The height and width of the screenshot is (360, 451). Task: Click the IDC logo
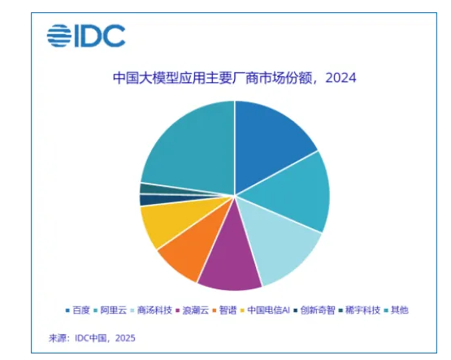[85, 36]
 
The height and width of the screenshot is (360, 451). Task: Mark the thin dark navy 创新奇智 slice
[148, 200]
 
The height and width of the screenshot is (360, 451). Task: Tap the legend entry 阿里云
[113, 310]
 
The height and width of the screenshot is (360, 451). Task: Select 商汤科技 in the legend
[155, 310]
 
